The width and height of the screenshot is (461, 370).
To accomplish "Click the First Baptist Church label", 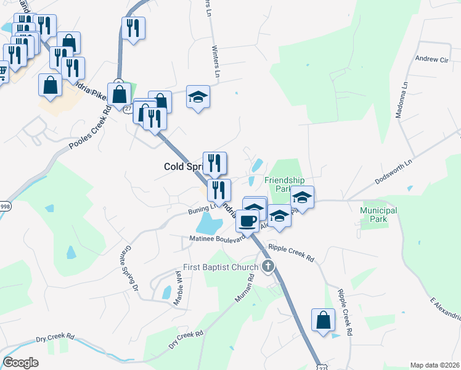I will (221, 268).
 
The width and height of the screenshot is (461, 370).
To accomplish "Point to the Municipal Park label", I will (378, 215).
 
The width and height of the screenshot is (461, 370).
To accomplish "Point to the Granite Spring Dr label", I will (126, 268).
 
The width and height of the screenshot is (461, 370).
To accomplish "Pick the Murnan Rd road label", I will (243, 288).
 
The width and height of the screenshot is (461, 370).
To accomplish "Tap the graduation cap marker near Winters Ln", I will (197, 96).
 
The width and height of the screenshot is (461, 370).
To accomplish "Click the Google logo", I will (20, 363).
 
